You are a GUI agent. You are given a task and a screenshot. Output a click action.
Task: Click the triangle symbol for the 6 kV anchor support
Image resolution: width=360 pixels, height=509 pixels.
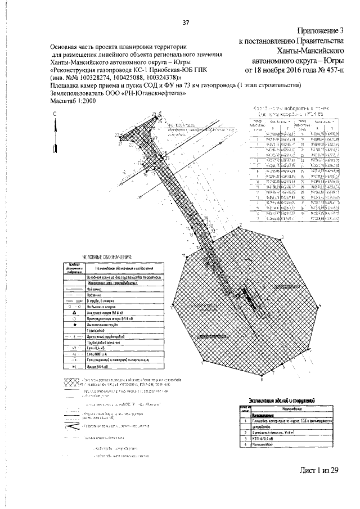tap(74, 313)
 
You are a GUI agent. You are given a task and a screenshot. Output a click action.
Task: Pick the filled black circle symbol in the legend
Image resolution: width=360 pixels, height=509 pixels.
tap(74, 326)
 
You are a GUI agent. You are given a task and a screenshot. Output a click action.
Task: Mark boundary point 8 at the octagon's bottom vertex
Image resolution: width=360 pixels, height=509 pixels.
tap(262, 379)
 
